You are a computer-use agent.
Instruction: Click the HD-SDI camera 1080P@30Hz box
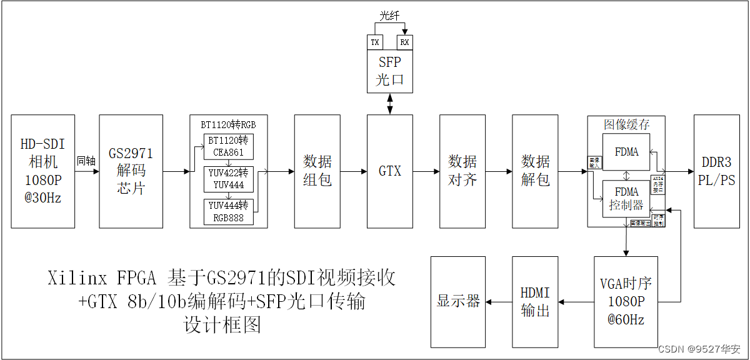tap(43, 171)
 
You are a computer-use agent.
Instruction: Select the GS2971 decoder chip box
tap(131, 171)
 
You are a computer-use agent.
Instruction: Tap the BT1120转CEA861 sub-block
tap(228, 146)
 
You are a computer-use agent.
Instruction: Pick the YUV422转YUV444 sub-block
tap(228, 179)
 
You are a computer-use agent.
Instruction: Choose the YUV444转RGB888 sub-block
tap(228, 211)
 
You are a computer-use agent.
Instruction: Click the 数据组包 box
tap(317, 171)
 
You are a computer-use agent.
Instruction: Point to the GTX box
tap(390, 171)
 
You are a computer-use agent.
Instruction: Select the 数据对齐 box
tap(462, 171)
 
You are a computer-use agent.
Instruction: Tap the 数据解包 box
tap(535, 171)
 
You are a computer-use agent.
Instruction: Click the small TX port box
tap(374, 42)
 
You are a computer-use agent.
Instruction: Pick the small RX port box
tap(405, 42)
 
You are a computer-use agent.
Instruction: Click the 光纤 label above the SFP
tap(389, 16)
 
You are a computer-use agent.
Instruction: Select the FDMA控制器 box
tap(626, 199)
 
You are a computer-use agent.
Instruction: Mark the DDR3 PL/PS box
tap(718, 171)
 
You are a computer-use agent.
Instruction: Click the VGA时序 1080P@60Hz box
tap(626, 301)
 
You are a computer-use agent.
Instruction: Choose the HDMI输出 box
tap(535, 301)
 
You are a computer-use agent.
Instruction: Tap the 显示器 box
tap(458, 301)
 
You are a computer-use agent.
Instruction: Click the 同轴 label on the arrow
tap(86, 161)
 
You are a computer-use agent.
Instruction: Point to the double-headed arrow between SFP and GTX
tap(390, 104)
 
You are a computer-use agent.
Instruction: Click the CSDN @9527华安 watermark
tap(709, 349)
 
